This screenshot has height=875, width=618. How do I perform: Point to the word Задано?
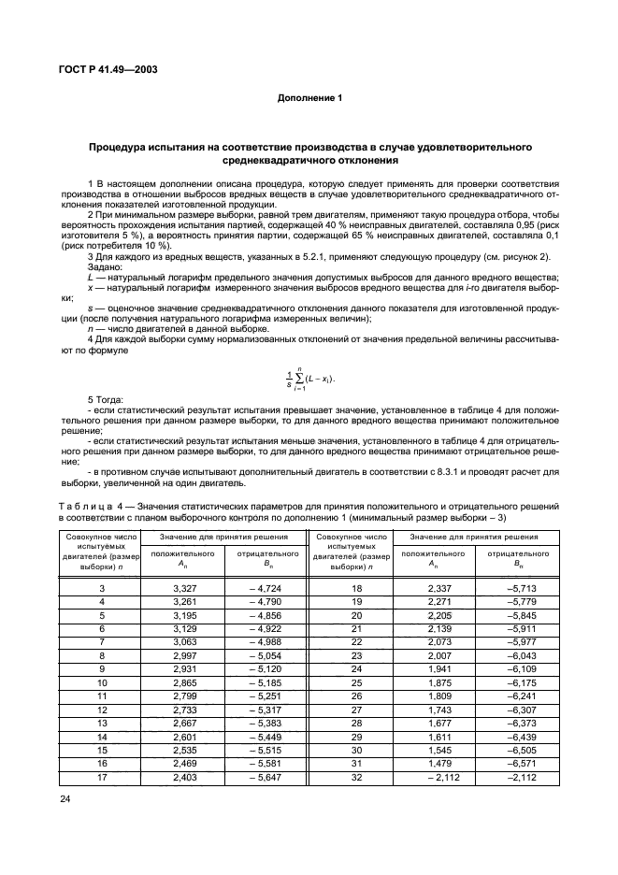pos(108,267)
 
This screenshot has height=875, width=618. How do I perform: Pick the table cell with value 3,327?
pos(187,586)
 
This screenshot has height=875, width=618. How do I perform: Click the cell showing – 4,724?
pos(265,586)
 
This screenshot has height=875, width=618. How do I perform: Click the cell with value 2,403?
pos(187,775)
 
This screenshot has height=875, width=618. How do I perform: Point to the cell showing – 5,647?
pos(265,775)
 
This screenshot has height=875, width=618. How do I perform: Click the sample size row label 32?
pos(355,775)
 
